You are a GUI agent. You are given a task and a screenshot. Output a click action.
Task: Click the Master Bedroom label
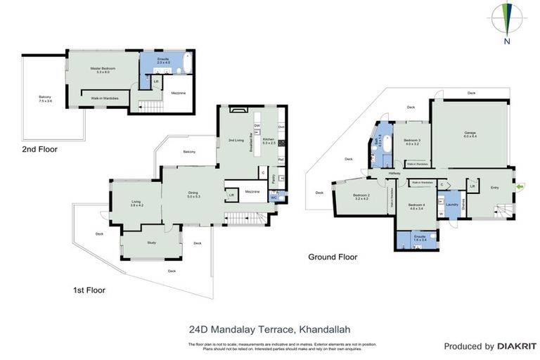click(103, 70)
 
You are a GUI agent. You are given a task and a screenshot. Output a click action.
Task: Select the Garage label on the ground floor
click(470, 134)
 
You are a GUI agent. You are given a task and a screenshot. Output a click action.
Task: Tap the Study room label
click(151, 243)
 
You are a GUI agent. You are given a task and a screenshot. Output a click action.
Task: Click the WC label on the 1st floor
click(274, 198)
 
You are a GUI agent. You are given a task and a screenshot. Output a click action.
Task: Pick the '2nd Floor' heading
click(39, 149)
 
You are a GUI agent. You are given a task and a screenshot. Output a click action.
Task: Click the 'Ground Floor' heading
click(333, 257)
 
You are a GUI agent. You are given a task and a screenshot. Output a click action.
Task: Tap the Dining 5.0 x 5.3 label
click(193, 195)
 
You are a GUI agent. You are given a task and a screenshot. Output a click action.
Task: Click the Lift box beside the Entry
click(473, 186)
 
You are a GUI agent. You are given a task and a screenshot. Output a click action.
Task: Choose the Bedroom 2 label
click(361, 196)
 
